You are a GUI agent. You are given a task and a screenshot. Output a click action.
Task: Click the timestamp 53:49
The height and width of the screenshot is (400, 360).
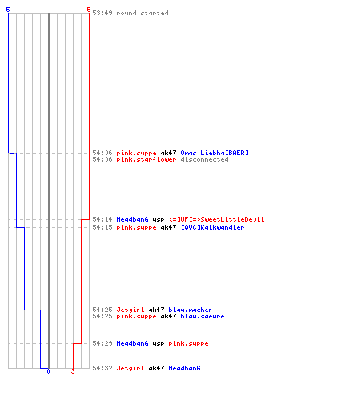click(102, 13)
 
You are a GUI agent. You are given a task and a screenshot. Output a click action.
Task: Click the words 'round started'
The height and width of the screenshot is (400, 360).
click(142, 13)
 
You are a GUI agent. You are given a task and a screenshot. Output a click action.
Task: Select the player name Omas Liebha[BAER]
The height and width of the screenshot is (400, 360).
click(214, 153)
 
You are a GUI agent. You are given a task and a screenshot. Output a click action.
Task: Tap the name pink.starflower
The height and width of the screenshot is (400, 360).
click(146, 160)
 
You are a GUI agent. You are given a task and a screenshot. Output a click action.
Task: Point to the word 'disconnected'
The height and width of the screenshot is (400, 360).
click(204, 159)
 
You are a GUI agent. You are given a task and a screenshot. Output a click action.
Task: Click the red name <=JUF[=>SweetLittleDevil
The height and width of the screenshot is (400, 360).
click(217, 219)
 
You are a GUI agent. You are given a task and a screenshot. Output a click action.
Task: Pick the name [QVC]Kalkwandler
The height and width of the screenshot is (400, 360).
click(213, 227)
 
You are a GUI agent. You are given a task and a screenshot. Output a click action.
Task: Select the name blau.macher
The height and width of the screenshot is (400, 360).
click(190, 310)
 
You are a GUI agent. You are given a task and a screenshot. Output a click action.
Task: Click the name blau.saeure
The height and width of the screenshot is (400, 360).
click(202, 316)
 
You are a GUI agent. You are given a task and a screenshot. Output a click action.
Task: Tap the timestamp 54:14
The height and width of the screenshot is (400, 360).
click(102, 219)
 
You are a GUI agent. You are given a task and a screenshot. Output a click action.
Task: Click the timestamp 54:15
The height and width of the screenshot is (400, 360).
click(102, 227)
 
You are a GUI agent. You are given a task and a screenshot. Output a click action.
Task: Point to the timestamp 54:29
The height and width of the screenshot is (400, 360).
click(102, 343)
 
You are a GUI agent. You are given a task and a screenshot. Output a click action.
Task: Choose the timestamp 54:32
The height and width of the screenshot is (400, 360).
click(102, 368)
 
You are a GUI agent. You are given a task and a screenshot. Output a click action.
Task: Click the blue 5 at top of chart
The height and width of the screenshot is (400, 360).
click(8, 10)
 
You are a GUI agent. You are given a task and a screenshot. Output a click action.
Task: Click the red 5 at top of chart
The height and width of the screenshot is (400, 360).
click(89, 10)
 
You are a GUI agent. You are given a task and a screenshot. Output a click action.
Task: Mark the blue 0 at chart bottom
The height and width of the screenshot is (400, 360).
click(48, 371)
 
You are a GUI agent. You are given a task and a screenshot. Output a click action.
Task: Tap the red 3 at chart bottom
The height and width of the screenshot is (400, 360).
click(73, 371)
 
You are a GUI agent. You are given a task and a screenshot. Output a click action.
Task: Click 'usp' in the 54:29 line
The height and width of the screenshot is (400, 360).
click(158, 343)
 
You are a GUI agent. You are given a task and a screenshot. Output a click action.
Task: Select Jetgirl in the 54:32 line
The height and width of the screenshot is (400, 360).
click(130, 368)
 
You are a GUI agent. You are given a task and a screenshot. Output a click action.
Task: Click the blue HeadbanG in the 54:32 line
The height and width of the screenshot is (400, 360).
click(184, 368)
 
